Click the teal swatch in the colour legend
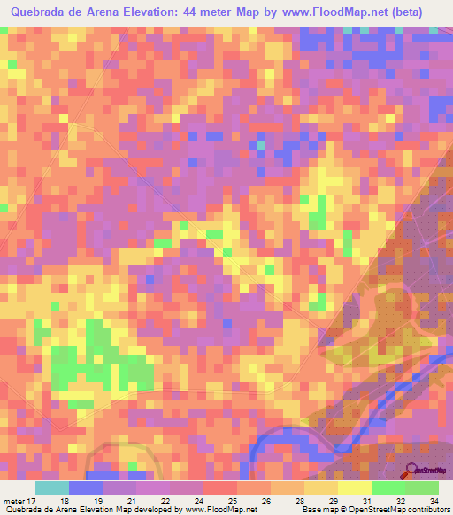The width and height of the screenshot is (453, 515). [52, 488]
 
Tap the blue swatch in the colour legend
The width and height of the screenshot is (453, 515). [86, 488]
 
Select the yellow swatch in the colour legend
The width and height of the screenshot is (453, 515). [355, 488]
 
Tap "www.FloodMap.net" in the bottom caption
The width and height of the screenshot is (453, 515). [220, 510]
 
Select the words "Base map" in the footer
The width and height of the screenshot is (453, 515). [316, 510]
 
